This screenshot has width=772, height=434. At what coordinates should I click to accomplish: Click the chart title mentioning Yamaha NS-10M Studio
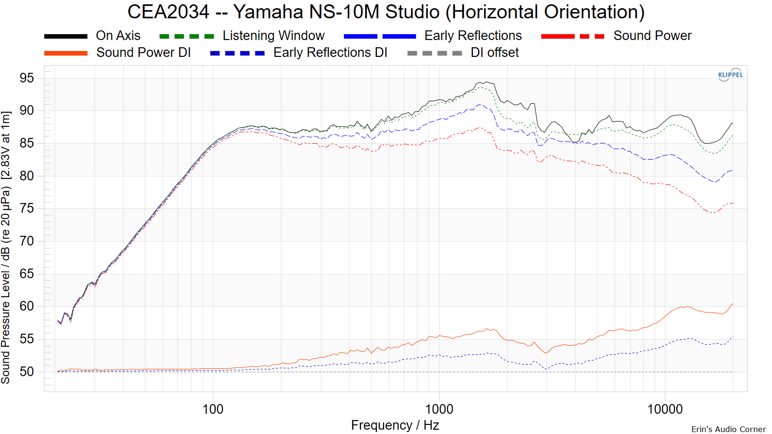386,12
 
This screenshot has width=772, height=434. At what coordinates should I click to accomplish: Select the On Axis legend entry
118,36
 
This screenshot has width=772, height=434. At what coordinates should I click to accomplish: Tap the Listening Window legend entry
273,36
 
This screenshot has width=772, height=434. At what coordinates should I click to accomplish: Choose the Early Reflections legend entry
473,36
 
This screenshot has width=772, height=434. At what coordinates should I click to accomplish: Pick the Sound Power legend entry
652,36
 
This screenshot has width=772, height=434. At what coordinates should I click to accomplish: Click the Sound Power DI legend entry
143,53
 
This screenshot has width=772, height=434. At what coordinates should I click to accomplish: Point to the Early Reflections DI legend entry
330,53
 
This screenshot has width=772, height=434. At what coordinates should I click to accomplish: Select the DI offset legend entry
495,53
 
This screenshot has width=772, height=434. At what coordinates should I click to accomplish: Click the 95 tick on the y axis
27,78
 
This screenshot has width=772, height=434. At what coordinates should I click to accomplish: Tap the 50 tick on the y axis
27,372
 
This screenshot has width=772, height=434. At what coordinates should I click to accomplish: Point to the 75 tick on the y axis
27,208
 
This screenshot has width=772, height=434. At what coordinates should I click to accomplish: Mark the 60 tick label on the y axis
27,306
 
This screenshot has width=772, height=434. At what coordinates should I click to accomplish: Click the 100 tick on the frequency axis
213,409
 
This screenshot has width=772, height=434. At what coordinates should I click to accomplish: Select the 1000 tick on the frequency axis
439,409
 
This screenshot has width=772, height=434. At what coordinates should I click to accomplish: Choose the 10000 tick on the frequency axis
665,409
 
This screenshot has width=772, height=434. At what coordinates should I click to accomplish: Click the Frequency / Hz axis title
395,425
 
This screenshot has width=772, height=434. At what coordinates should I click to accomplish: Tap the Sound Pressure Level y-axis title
6,247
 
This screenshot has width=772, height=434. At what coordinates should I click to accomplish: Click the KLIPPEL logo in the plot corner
731,75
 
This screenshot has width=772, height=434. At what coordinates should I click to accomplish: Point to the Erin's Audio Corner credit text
728,429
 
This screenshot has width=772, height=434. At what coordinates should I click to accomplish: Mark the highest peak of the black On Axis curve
487,82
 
